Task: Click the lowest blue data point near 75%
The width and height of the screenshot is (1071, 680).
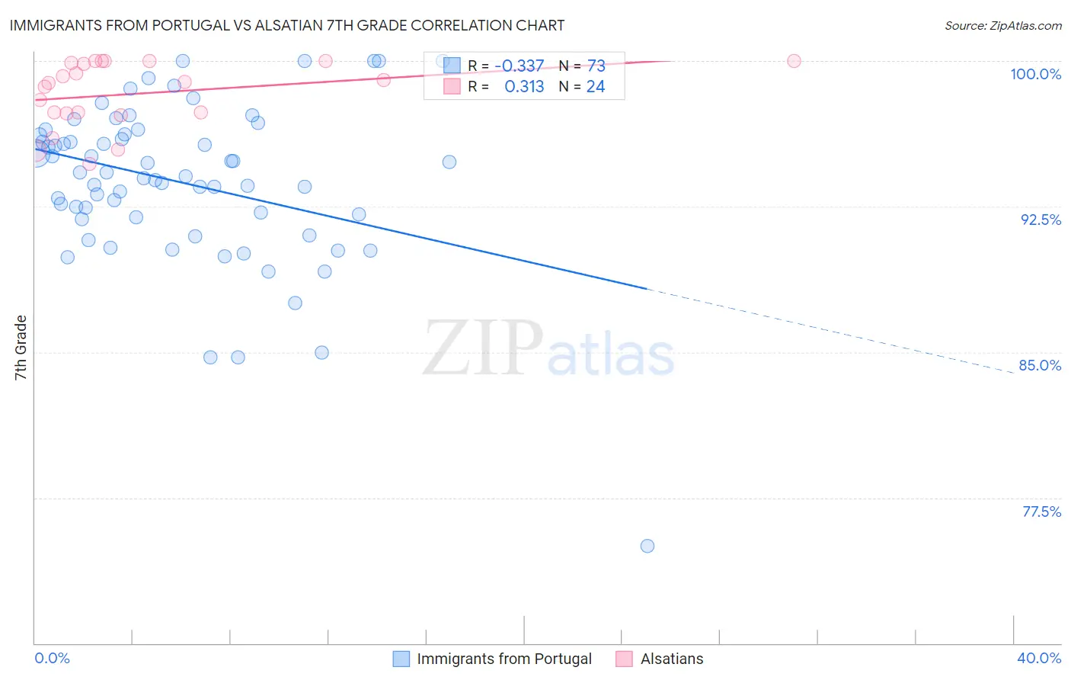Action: [647, 546]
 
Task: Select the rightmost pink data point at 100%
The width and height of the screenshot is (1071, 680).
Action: [794, 61]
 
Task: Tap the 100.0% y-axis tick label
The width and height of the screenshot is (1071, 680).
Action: [1035, 74]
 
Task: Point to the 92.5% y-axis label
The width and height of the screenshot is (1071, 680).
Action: [1041, 220]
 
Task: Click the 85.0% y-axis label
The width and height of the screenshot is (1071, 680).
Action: [1040, 365]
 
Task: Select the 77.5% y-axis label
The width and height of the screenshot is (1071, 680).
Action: [1041, 512]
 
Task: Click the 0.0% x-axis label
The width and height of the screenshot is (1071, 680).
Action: [53, 658]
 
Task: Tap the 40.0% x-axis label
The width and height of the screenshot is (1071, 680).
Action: [1039, 658]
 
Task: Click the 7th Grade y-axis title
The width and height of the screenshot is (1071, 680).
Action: [21, 348]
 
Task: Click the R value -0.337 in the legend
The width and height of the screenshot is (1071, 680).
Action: [519, 66]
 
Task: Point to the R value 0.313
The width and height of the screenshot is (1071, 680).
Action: [524, 87]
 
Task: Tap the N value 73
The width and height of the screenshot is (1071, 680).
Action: [596, 66]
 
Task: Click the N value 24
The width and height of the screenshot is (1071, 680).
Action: [595, 87]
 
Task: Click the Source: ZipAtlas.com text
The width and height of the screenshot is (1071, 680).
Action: [1002, 26]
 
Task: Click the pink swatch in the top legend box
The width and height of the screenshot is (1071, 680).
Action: [452, 87]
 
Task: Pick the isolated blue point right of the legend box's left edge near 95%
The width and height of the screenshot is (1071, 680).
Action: [449, 162]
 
